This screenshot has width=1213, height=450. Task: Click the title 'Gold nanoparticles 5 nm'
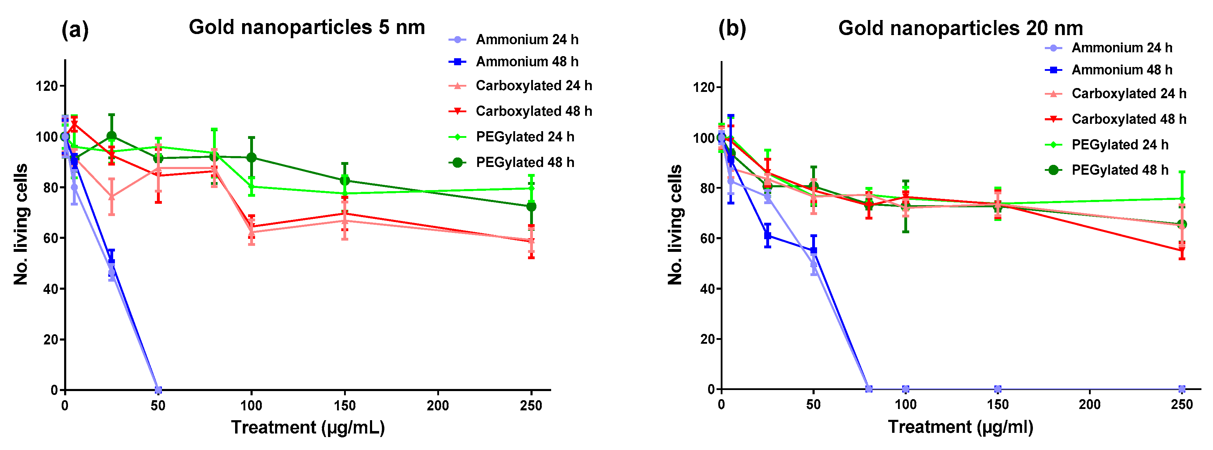tap(307, 27)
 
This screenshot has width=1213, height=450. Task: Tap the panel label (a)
tap(75, 31)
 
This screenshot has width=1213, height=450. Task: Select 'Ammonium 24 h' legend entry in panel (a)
tap(527, 40)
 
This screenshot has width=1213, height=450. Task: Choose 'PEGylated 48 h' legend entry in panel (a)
tap(525, 162)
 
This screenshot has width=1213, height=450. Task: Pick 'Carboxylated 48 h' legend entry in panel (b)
tap(1128, 119)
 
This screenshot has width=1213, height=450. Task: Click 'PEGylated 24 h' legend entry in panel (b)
tap(1119, 145)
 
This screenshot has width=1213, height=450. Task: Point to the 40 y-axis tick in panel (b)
tap(708, 289)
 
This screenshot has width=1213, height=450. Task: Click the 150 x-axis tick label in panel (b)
tap(997, 405)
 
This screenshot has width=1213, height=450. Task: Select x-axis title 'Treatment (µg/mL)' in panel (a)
tap(308, 428)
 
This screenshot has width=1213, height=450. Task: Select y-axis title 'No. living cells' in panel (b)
tap(675, 225)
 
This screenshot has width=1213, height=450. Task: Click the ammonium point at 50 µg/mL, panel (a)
tap(158, 390)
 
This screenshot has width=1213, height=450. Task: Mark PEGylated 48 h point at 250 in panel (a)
tap(531, 206)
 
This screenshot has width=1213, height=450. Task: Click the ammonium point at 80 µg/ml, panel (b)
tap(869, 389)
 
